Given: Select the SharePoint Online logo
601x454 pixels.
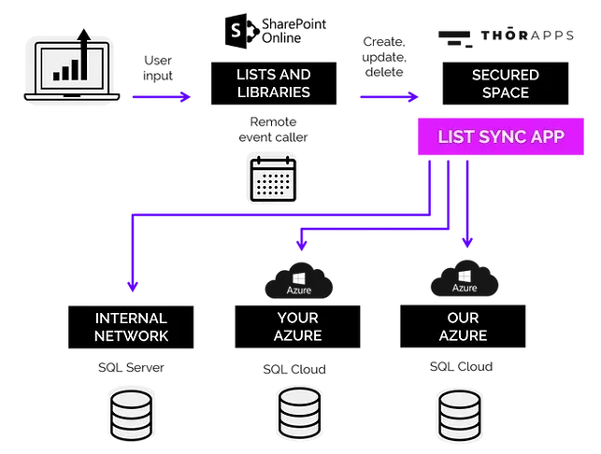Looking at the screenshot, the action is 275,31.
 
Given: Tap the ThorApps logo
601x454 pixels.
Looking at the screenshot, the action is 506,37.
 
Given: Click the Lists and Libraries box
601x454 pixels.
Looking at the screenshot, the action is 274,83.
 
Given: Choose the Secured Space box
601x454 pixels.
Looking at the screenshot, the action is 505,83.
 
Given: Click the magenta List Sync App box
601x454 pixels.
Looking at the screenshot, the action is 501,136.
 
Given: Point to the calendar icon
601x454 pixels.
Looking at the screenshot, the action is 273,179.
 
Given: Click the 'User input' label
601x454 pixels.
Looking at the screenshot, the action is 158,68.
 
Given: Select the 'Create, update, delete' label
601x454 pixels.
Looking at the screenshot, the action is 384,57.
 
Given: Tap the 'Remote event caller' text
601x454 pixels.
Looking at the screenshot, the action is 273,130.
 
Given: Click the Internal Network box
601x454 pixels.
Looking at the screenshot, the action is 131,327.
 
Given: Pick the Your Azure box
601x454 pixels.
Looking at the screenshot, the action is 297,326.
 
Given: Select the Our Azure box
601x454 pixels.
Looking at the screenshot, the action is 463,326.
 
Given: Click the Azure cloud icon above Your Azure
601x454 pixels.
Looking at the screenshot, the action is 298,280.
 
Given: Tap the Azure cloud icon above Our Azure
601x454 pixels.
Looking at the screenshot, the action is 465,278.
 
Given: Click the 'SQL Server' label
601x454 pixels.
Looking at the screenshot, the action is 131,367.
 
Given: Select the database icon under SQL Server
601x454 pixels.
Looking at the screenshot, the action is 131,416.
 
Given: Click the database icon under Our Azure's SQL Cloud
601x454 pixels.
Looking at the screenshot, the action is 460,416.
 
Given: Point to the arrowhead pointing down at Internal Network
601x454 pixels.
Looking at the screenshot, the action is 133,286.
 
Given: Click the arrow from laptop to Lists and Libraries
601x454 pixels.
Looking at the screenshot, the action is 162,96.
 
